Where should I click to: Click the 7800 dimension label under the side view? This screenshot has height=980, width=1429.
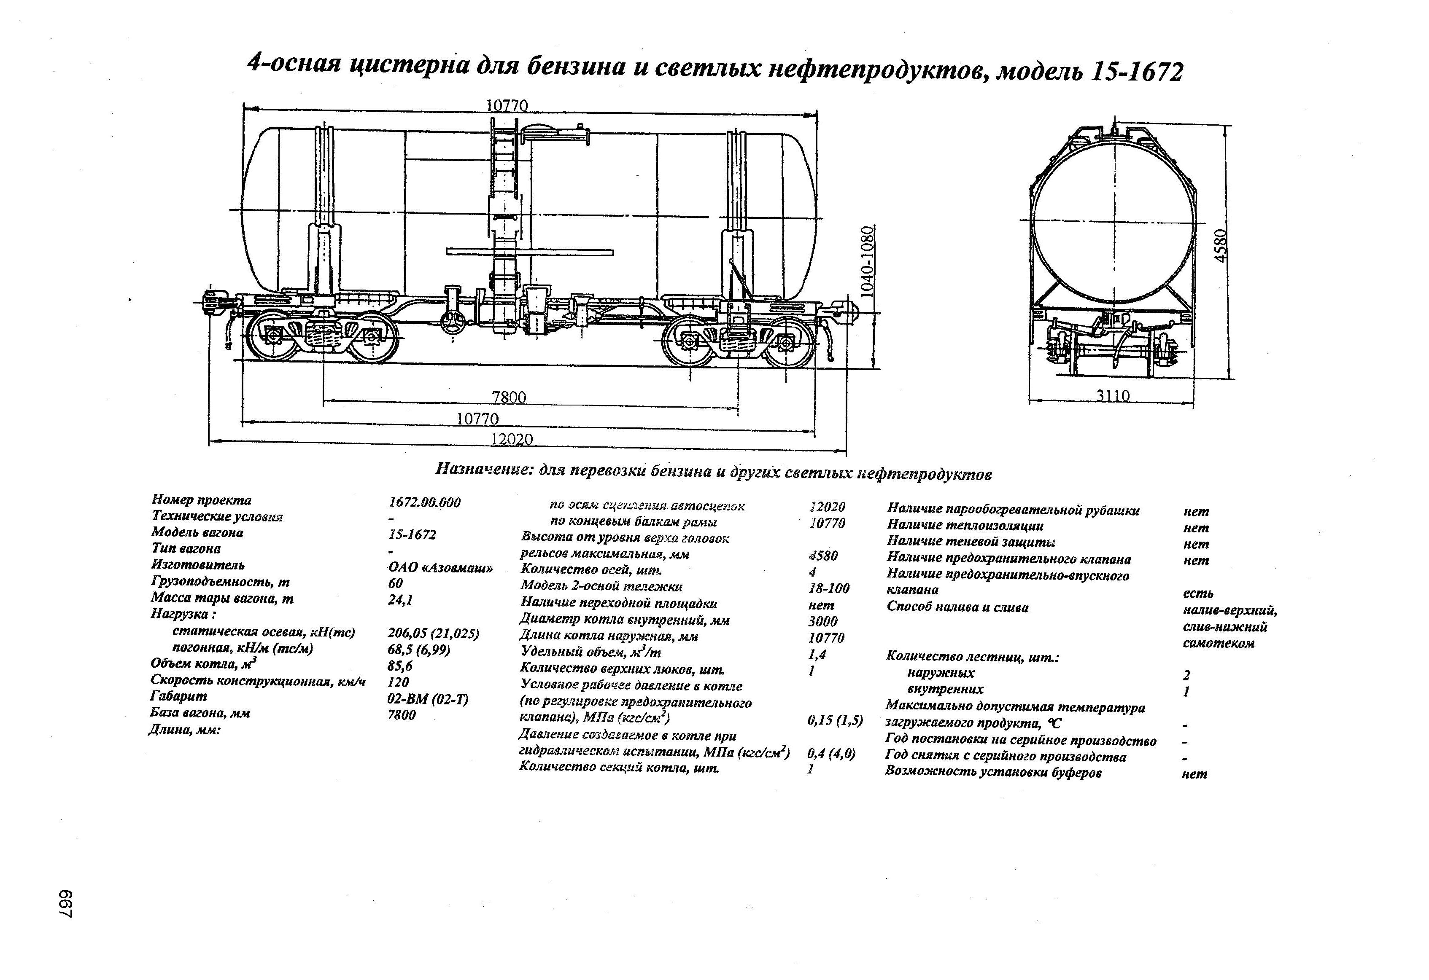point(509,397)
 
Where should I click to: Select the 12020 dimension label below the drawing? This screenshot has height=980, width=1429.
point(512,439)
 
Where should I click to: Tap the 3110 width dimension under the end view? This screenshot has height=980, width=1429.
point(1113,396)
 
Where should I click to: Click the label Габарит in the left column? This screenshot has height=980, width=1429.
point(178,696)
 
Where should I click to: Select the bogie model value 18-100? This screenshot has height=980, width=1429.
point(829,588)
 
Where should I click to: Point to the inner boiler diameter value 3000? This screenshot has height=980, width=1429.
point(823,621)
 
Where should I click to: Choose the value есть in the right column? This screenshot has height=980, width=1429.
point(1198,593)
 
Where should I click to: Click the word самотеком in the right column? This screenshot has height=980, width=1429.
point(1218,643)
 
